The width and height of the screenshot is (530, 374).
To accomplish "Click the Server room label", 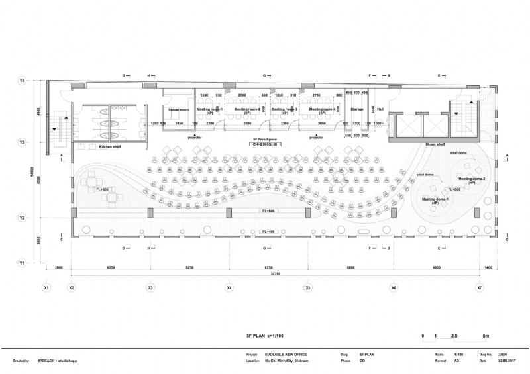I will [x=179, y=109].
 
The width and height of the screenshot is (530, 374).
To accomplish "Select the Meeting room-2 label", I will [x=248, y=109].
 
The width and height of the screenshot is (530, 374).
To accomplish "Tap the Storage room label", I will [x=357, y=109].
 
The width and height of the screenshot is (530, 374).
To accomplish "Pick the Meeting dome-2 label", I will [x=472, y=179].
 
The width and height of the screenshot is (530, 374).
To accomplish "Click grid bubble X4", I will [x=229, y=288].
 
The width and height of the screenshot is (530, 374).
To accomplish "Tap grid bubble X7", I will [x=480, y=288].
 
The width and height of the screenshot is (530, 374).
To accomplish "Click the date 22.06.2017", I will [x=507, y=361].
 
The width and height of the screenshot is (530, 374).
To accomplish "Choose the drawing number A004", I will [x=503, y=355].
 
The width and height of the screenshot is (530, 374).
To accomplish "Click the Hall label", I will [x=380, y=109].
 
